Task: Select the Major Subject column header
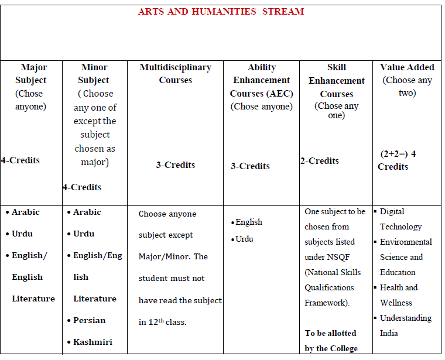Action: [x=30, y=74]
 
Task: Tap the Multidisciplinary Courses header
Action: [x=176, y=74]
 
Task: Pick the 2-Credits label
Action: [x=320, y=161]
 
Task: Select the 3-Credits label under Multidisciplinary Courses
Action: [x=176, y=165]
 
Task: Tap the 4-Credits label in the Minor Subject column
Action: [x=82, y=187]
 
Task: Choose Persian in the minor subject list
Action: [x=89, y=320]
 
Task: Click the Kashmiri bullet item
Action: [x=93, y=341]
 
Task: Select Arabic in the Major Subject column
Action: [x=26, y=212]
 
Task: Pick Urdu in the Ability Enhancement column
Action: [x=244, y=239]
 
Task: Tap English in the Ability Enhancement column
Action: [x=249, y=222]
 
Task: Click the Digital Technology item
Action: [x=400, y=219]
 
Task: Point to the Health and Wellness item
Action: [x=398, y=295]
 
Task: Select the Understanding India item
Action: [x=405, y=325]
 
